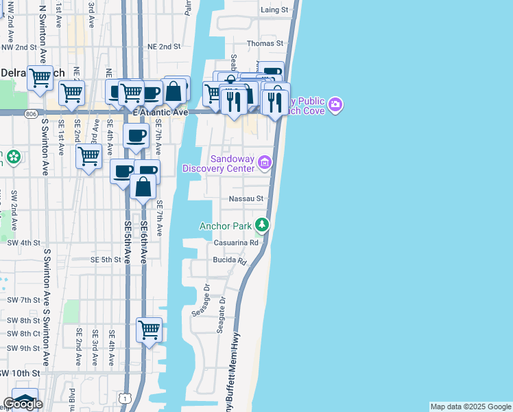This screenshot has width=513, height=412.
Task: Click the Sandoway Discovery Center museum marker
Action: pos(265,162)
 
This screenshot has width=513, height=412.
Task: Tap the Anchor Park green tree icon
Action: pos(261,225)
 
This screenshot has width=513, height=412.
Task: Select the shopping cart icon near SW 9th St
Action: pos(149,330)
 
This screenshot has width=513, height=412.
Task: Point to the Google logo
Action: pos(23,404)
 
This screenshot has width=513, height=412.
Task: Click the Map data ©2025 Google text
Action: pos(470,407)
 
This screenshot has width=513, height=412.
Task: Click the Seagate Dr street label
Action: pos(221,315)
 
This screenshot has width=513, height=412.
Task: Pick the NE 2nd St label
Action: pos(163,47)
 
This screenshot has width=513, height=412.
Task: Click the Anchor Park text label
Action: pos(225,225)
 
